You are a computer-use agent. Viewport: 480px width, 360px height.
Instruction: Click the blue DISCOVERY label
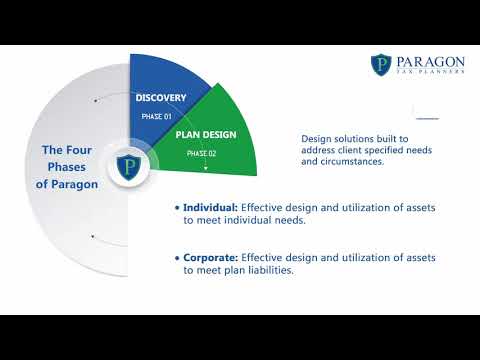pyautogui.click(x=162, y=98)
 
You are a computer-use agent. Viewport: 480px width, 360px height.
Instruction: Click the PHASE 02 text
pyautogui.click(x=202, y=154)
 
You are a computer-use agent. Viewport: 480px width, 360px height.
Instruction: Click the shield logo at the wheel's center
pyautogui.click(x=129, y=166)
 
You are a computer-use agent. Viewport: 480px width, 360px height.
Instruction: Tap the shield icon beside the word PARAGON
pyautogui.click(x=382, y=66)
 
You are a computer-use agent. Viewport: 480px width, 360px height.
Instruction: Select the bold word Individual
pyautogui.click(x=210, y=208)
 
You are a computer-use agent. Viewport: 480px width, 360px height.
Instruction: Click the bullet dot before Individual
pyautogui.click(x=177, y=208)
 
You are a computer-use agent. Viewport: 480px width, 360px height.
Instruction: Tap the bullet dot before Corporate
pyautogui.click(x=177, y=257)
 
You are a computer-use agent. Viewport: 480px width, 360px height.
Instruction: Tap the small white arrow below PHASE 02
pyautogui.click(x=206, y=168)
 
